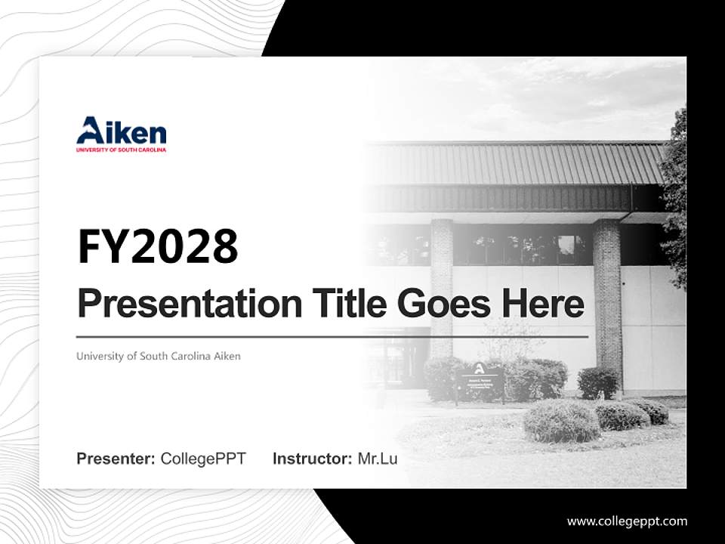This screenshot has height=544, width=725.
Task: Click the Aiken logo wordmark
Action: pos(121,131)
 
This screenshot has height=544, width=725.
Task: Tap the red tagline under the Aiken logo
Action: pos(121,150)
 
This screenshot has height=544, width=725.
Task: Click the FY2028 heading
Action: pos(158,246)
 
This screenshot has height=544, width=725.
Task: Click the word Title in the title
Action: pos(344,304)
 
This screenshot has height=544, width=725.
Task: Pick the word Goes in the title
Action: pos(440,304)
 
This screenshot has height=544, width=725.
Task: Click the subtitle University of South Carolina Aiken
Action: pos(158,356)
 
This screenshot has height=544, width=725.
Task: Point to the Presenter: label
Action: pos(116,459)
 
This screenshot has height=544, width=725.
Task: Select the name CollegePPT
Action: pos(203,459)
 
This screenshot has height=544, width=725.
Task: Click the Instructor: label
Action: pos(312,459)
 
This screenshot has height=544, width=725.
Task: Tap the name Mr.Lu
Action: pos(377,459)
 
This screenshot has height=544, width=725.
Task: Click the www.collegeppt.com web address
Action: pos(627,521)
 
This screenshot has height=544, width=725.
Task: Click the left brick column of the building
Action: pos(442,287)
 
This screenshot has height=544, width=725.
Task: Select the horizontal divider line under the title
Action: pos(332,336)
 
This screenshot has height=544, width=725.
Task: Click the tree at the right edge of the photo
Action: pos(674,196)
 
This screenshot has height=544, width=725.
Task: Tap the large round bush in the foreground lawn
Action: pos(561,421)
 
